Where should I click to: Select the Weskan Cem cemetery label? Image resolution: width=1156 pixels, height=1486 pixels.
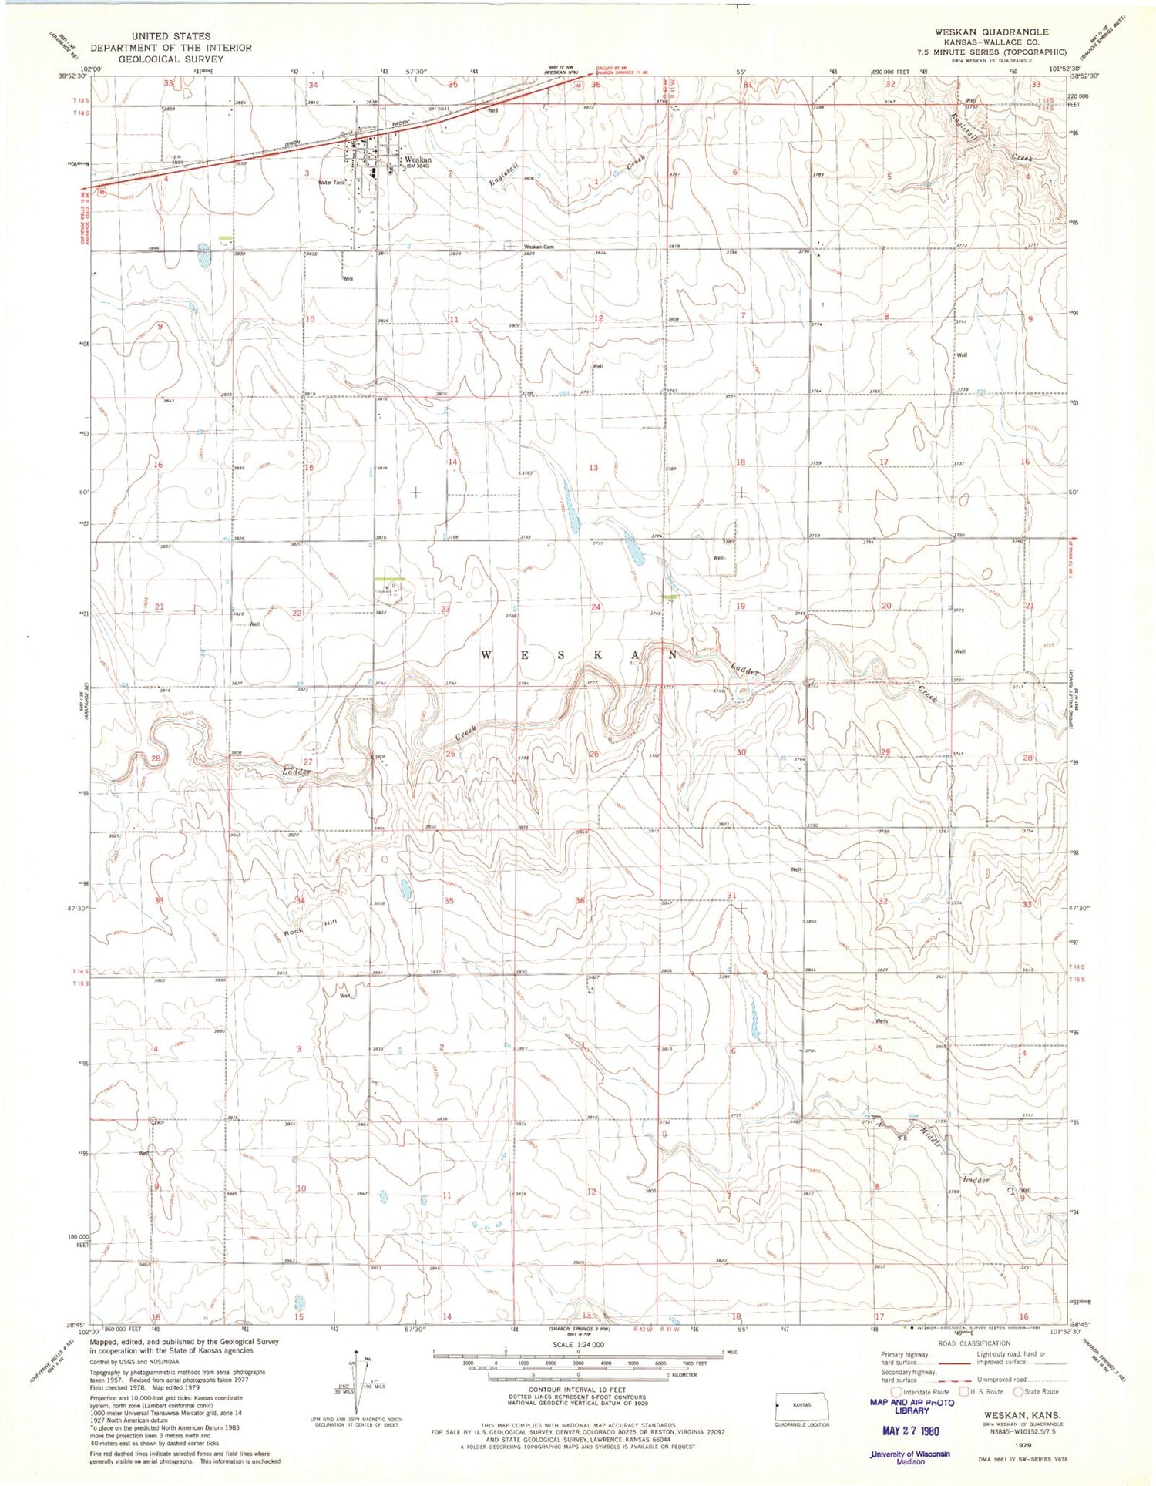coord(539,247)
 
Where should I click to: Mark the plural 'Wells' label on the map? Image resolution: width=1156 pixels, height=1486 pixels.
coord(882,1021)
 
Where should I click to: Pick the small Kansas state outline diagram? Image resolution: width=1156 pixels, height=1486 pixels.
coord(802,1406)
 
